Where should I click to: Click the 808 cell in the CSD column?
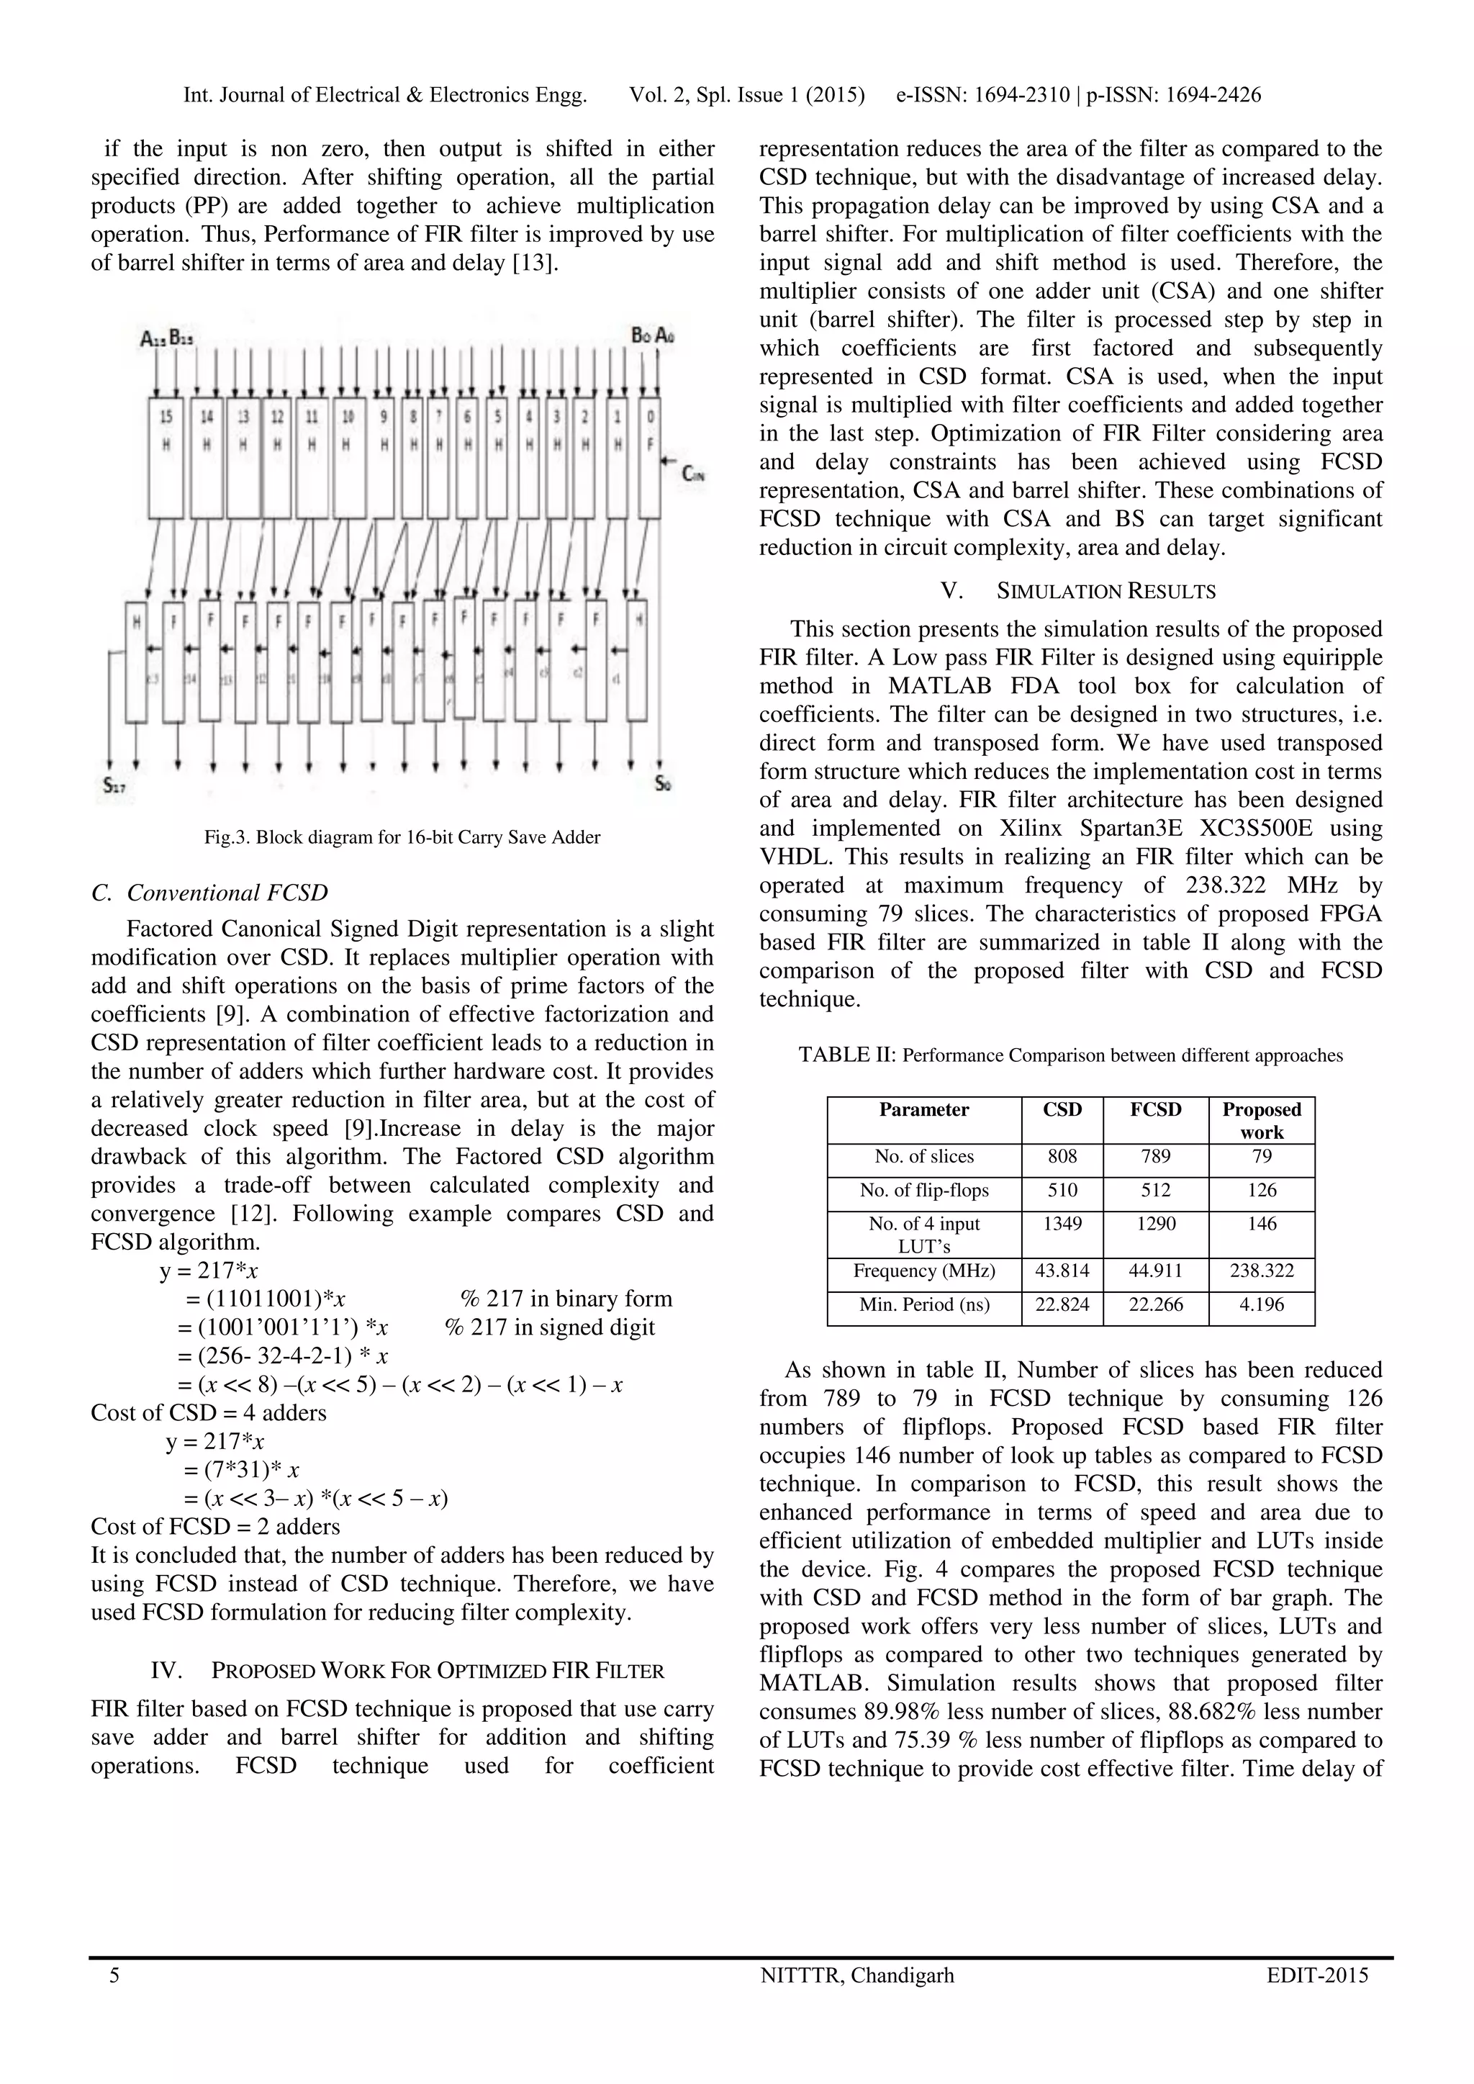pos(1062,1156)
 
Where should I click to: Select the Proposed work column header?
pos(1261,1120)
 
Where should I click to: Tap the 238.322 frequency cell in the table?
pos(1261,1271)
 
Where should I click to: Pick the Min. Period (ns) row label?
pos(924,1305)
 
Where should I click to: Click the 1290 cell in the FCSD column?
pos(1155,1224)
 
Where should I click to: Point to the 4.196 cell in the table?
pos(1261,1305)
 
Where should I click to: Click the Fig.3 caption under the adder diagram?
pos(402,837)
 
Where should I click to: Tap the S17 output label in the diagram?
pos(114,786)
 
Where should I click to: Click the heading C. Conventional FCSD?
pos(209,893)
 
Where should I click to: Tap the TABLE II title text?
pos(1070,1055)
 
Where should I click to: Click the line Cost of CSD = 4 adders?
pos(209,1412)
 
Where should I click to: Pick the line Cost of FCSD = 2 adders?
pos(215,1526)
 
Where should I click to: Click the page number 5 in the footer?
pos(114,1975)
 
